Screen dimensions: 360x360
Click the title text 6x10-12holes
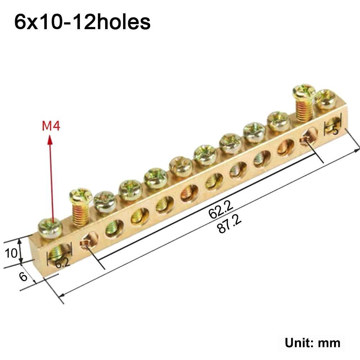tap(82, 22)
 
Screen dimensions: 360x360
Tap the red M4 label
tap(51, 127)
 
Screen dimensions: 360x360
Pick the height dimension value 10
tap(11, 253)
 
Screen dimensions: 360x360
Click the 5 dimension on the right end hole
tap(335, 130)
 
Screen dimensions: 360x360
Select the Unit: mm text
tap(312, 342)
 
